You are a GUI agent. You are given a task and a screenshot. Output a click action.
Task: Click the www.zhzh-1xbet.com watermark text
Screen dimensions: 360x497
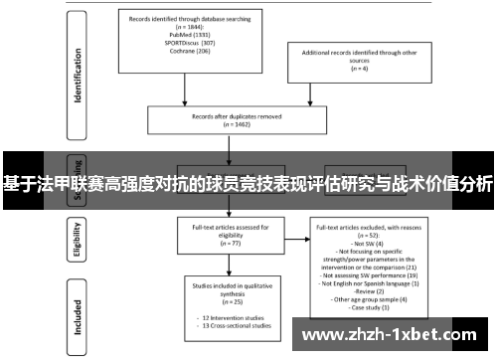[398, 335]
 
